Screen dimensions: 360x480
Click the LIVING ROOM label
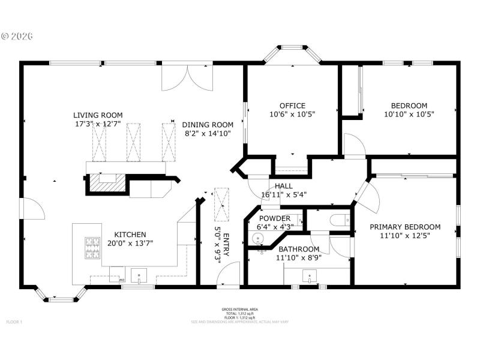coord(98,115)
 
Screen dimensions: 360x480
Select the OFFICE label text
coord(292,105)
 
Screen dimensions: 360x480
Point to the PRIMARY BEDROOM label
coord(405,227)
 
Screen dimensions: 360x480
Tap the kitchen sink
coord(139,277)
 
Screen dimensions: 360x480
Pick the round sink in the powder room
coord(259,238)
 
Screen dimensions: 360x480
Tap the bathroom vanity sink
coord(308,277)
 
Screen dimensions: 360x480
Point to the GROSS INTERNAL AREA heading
coord(239,310)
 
